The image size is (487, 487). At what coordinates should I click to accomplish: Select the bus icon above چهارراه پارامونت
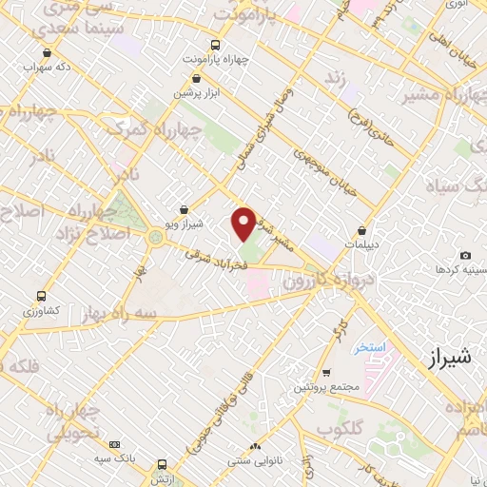coord(216,44)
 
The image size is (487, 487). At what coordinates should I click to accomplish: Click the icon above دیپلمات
coord(362,230)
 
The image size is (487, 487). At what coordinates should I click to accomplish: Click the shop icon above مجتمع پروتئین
coord(326,372)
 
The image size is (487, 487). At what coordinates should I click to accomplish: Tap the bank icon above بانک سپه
coord(115,443)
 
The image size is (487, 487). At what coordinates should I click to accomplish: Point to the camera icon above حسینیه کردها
coord(465,255)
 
